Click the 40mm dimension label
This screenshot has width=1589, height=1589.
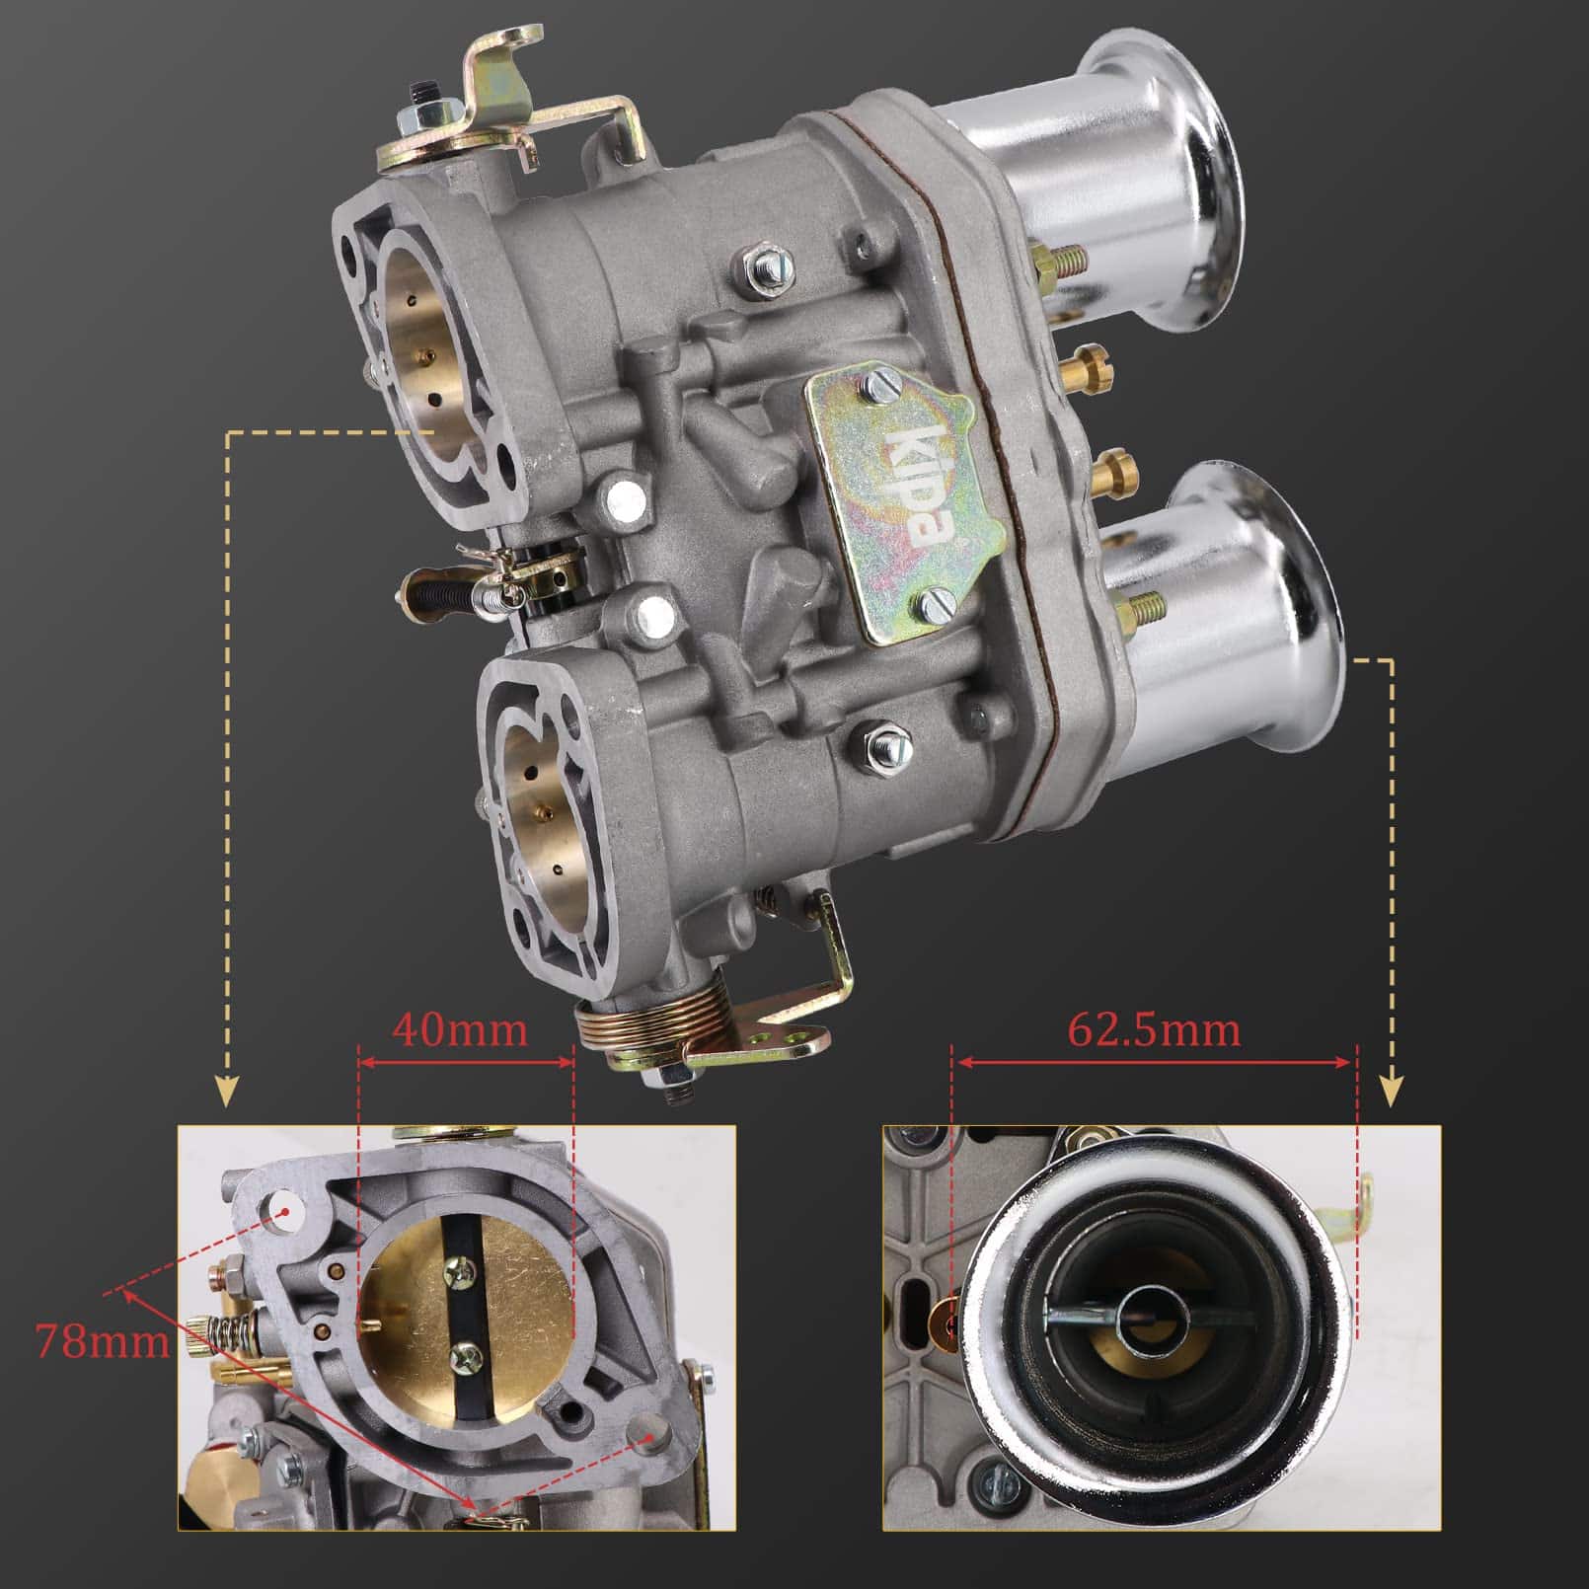(x=460, y=1030)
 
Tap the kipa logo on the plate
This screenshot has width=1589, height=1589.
(x=917, y=488)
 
